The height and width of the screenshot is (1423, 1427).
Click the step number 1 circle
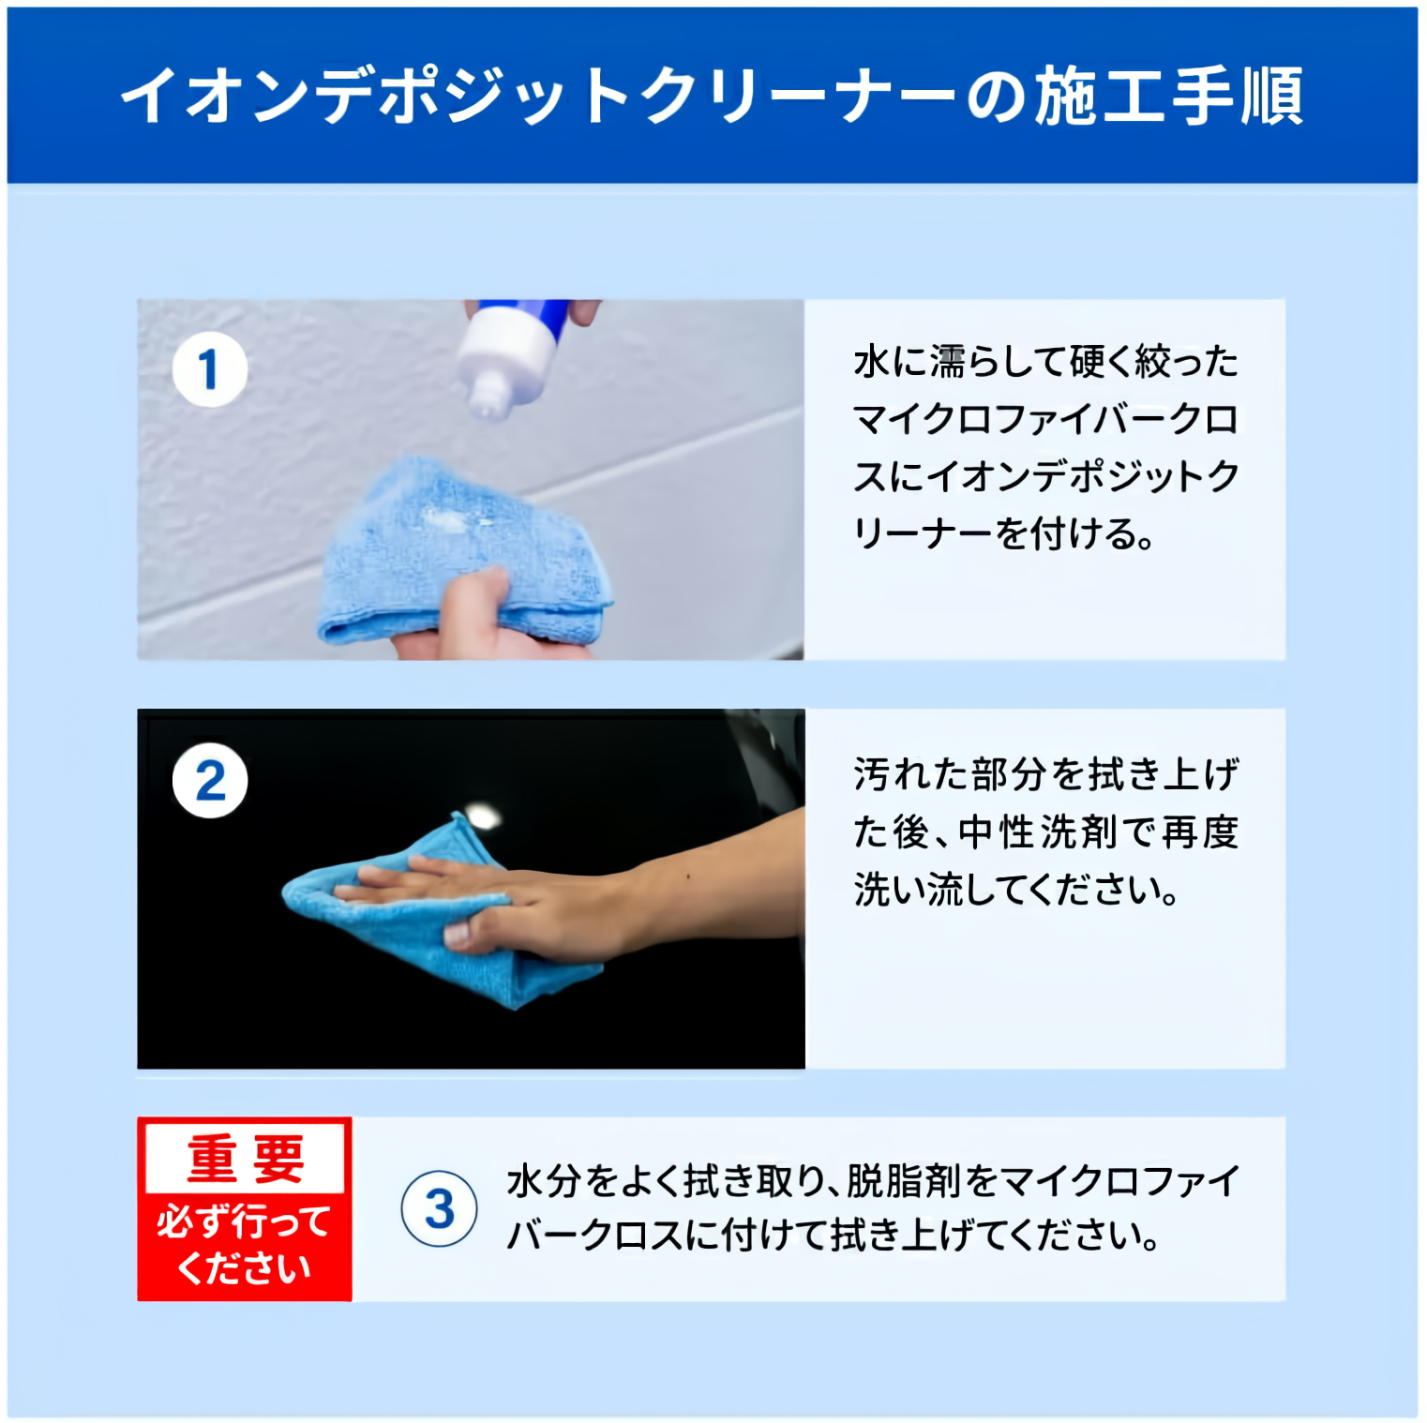[210, 369]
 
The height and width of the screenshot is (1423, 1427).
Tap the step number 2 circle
[210, 780]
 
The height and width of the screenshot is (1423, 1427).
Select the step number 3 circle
[439, 1208]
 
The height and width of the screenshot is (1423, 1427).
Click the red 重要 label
[246, 1159]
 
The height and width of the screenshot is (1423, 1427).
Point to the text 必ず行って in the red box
[244, 1222]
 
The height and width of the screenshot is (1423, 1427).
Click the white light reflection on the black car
[483, 816]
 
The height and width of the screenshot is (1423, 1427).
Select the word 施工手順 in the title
[1169, 96]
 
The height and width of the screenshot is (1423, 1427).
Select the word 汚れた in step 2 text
[909, 775]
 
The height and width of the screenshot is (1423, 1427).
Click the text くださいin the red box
[244, 1268]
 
